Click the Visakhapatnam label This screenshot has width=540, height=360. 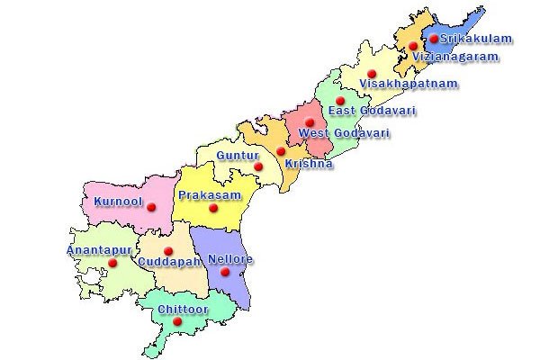(x=408, y=84)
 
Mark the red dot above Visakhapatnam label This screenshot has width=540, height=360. (x=373, y=73)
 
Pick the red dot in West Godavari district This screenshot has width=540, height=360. (x=309, y=122)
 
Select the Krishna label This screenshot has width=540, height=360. (x=309, y=164)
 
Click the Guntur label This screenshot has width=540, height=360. (x=238, y=156)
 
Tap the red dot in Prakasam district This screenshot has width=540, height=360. (x=214, y=209)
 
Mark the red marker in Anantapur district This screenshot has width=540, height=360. (x=113, y=263)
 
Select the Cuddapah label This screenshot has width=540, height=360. (x=168, y=262)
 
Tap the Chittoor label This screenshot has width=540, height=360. (x=183, y=309)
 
